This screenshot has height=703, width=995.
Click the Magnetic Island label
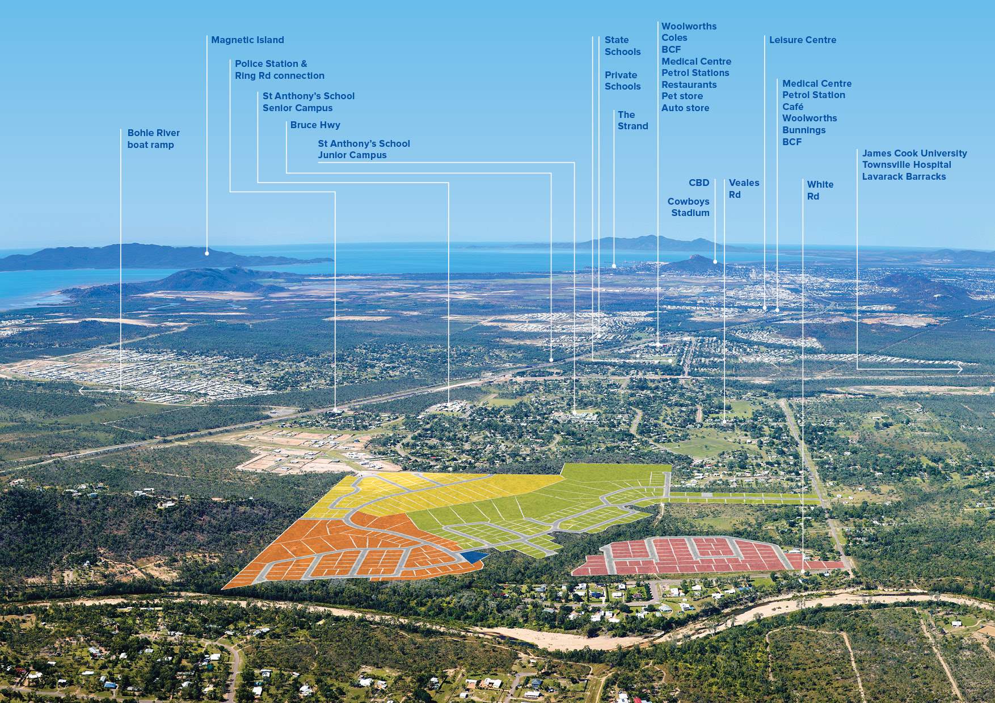(x=247, y=40)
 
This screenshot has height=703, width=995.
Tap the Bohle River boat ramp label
(x=153, y=139)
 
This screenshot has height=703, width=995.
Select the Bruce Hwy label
(x=315, y=125)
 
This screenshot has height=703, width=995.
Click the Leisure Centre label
(x=802, y=40)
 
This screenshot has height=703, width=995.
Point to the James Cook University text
(x=914, y=154)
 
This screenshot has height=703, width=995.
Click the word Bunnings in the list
(x=803, y=130)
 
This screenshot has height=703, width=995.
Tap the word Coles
(x=674, y=38)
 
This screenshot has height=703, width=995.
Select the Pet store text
(x=682, y=96)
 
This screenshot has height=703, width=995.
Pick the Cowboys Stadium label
(x=689, y=207)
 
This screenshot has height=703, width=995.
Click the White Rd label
(x=820, y=190)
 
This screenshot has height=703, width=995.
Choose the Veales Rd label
(x=743, y=189)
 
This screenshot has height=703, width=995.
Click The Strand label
(x=633, y=120)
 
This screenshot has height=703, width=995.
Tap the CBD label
(x=699, y=183)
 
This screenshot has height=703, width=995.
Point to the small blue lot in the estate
(x=473, y=557)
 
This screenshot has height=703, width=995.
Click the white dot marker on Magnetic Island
(x=207, y=253)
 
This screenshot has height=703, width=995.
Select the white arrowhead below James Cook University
(x=960, y=369)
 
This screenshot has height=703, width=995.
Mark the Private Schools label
(x=622, y=81)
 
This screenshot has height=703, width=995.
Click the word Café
(x=792, y=107)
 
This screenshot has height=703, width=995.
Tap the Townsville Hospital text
(x=907, y=165)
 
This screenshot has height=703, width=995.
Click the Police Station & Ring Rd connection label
(x=279, y=70)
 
